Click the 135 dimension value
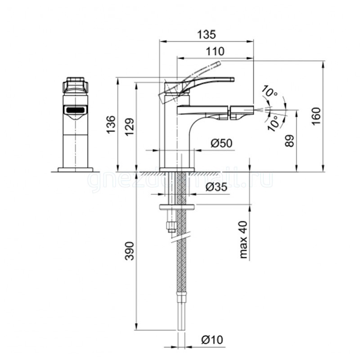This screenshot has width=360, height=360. tap(206, 34)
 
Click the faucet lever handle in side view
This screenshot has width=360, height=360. tap(206, 80)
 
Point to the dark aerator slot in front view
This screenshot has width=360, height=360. tap(75, 110)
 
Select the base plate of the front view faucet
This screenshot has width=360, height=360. tap(75, 169)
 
